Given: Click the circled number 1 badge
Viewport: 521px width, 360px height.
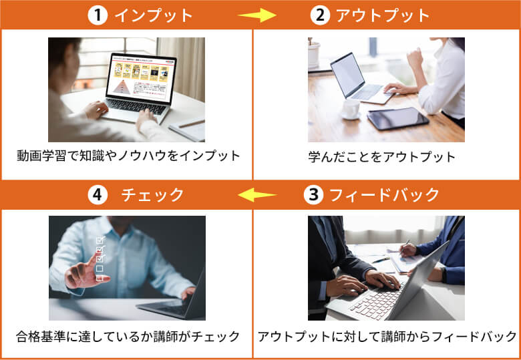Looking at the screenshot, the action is coord(98,15).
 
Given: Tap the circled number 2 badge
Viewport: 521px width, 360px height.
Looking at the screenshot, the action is coord(320,15).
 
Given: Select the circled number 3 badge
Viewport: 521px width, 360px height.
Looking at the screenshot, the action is coord(313,195).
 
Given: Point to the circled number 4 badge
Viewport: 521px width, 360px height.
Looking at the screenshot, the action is coord(98,195).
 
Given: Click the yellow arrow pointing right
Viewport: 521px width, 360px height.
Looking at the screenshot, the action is coord(257,15).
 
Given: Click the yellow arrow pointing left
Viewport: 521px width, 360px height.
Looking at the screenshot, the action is coord(258,195).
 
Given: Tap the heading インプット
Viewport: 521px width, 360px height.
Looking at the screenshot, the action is coord(154,15).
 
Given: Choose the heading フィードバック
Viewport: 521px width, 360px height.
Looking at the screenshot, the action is coord(385,195).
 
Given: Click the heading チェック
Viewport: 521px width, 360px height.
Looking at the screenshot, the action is coord(152,195).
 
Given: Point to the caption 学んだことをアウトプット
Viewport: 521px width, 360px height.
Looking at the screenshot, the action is coord(382,157).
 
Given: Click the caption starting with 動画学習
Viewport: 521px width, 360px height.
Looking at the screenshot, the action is coord(128,156).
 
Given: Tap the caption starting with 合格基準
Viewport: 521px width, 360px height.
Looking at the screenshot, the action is coord(128,337).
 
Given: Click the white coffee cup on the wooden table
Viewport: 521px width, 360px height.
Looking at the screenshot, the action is coord(351,109).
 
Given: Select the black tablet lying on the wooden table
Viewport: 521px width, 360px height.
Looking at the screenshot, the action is coord(397,119).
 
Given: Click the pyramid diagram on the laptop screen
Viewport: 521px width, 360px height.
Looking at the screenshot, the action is coord(122,87).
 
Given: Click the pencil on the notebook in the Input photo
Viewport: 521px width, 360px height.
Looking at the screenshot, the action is coord(192,124).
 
